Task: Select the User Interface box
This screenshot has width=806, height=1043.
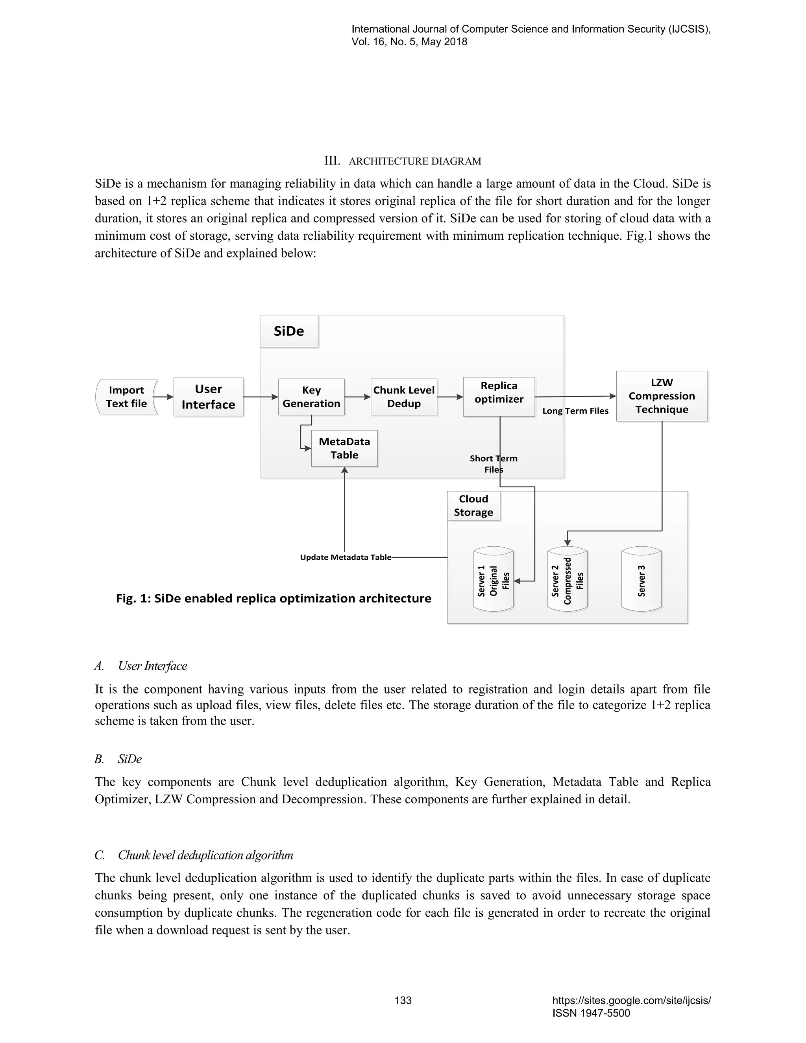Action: pos(208,397)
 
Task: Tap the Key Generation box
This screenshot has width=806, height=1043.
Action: pos(311,397)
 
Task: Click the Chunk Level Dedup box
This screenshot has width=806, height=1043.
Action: pos(403,397)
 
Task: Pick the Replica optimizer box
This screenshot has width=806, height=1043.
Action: pos(499,397)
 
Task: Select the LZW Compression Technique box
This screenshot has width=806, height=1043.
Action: pos(662,396)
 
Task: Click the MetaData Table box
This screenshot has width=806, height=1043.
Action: pos(344,448)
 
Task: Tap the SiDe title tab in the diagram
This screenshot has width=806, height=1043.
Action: pos(289,331)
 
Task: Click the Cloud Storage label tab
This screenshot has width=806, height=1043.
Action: pos(473,506)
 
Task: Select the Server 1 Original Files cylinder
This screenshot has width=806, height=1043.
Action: pos(493,581)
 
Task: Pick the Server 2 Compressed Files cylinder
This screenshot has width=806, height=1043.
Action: pos(567,581)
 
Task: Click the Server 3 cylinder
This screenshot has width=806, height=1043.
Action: pos(641,581)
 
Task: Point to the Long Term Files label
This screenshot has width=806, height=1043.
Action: pos(575,411)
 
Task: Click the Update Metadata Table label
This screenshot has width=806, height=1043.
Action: pos(345,557)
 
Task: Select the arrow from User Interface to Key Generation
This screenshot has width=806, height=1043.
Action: pos(261,397)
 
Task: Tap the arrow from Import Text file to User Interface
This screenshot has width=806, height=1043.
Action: pos(165,397)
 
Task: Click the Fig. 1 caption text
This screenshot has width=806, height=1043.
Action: pos(274,598)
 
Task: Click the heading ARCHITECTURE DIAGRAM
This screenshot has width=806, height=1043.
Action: pos(414,161)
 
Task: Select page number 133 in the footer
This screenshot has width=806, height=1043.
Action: pos(403,1000)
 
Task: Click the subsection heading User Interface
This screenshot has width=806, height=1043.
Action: pos(152,666)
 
